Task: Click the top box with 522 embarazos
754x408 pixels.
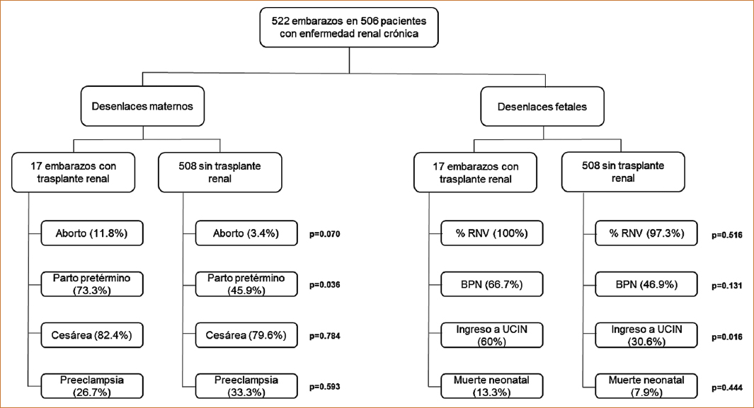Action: click(x=349, y=28)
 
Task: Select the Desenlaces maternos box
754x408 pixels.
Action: click(x=142, y=106)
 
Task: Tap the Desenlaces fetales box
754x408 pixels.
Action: click(x=542, y=107)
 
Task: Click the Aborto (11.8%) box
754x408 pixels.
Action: click(x=92, y=233)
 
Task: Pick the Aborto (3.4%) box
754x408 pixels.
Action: click(x=246, y=233)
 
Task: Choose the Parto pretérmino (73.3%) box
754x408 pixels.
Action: click(x=92, y=284)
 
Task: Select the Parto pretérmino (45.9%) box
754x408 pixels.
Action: click(x=246, y=284)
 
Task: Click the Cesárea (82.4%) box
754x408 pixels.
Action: click(x=92, y=335)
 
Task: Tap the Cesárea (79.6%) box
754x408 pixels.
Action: click(x=246, y=335)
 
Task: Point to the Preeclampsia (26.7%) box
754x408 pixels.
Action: click(x=92, y=386)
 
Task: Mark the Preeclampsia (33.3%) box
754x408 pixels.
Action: click(x=246, y=386)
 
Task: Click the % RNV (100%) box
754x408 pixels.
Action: click(x=492, y=233)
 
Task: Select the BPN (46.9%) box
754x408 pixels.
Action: click(x=646, y=284)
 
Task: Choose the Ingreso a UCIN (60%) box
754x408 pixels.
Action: click(x=492, y=335)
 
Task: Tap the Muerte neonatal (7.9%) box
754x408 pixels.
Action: click(x=646, y=386)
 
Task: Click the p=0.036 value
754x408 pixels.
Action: click(x=324, y=285)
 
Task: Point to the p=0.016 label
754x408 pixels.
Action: click(x=727, y=337)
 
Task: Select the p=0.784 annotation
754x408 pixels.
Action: click(x=324, y=336)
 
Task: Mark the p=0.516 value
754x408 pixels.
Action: click(x=727, y=235)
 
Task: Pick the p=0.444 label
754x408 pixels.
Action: click(x=727, y=387)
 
